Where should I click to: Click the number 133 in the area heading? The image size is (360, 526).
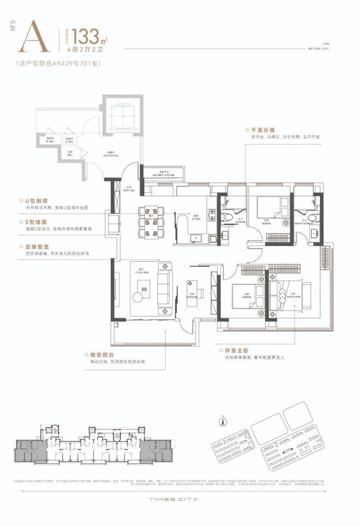coord(86,37)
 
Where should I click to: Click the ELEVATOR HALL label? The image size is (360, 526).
coord(114,155)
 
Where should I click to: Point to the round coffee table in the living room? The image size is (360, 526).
coord(138,296)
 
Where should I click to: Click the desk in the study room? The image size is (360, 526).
coord(191,289)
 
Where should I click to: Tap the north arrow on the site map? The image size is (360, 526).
coord(222,421)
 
